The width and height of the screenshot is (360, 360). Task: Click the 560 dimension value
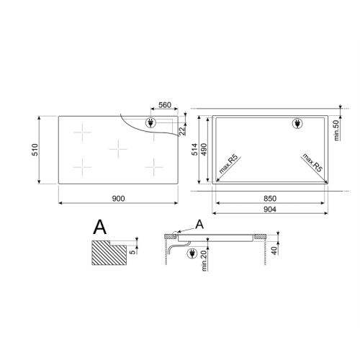point(164,105)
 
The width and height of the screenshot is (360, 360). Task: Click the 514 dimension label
point(195,150)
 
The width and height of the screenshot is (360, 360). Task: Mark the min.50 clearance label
point(337,129)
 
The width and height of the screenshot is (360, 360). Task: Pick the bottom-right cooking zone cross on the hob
point(154,167)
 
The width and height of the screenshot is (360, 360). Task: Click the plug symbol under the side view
point(192,253)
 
